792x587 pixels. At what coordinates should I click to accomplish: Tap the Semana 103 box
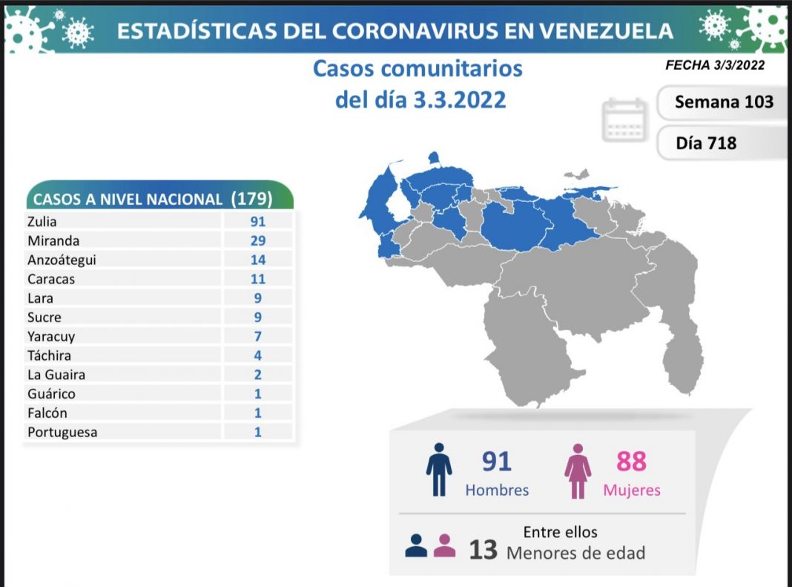[x=723, y=102]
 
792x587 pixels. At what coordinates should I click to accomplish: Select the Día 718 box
[x=706, y=142]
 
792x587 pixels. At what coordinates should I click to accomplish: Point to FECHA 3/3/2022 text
[x=714, y=65]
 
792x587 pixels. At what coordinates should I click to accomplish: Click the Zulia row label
[x=42, y=221]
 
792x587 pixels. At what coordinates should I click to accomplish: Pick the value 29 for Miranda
[x=258, y=240]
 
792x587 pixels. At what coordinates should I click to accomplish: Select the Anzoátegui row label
[x=62, y=260]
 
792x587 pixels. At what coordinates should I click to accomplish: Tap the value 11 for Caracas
[x=258, y=279]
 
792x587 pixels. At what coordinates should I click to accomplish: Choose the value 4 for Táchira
[x=258, y=355]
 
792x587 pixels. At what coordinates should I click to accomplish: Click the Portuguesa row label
[x=62, y=432]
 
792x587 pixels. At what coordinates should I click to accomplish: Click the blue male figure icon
[x=439, y=470]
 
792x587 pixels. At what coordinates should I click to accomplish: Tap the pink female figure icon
[x=578, y=470]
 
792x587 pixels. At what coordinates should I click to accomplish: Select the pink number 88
[x=632, y=462]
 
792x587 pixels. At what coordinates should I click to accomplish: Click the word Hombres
[x=497, y=491]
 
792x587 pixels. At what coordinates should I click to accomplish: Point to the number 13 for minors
[x=483, y=551]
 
